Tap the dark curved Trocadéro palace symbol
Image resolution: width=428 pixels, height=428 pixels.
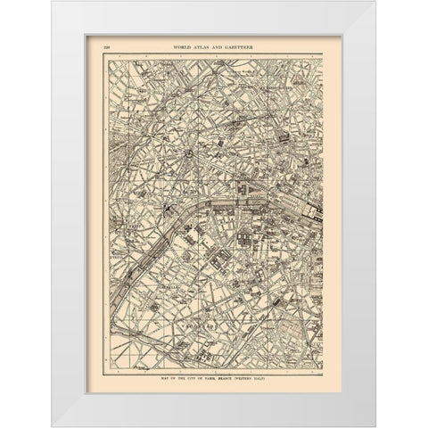pyautogui.click(x=167, y=209)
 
